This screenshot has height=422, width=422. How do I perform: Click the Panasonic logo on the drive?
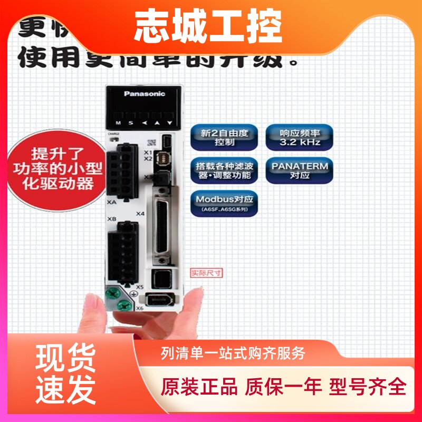click(x=144, y=93)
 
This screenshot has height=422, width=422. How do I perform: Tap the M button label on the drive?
click(x=118, y=122)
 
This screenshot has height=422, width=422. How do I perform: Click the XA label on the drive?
click(x=111, y=201)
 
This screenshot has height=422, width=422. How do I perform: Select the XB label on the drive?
click(x=111, y=218)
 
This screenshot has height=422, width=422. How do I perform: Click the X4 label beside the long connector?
click(x=140, y=214)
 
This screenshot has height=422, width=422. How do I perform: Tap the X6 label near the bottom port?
click(x=140, y=308)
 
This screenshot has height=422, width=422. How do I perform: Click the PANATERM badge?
click(x=300, y=169)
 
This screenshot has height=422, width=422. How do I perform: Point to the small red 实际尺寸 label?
click(x=206, y=273)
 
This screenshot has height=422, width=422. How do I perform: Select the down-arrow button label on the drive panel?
click(x=169, y=122)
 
